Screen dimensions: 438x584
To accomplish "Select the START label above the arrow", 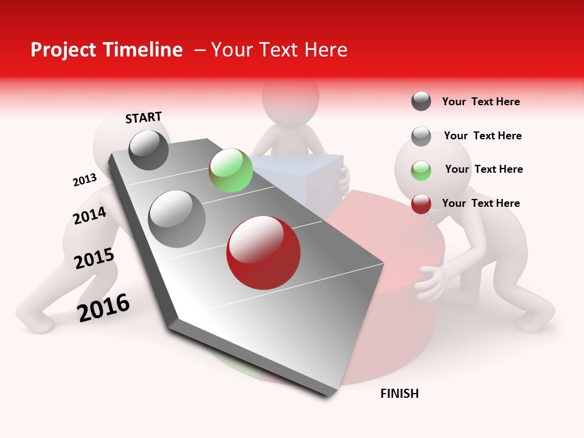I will pyautogui.click(x=144, y=117).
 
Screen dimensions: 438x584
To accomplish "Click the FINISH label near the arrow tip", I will pyautogui.click(x=399, y=394).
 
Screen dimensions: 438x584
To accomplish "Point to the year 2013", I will pyautogui.click(x=85, y=180).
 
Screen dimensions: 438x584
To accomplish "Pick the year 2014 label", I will pyautogui.click(x=89, y=216).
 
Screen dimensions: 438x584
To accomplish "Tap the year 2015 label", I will pyautogui.click(x=94, y=259).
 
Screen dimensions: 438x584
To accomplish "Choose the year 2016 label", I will pyautogui.click(x=103, y=307).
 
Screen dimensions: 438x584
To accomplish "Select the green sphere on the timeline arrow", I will pyautogui.click(x=231, y=170).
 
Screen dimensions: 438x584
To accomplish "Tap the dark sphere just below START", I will pyautogui.click(x=149, y=150).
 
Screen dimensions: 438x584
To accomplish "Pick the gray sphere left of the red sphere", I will pyautogui.click(x=177, y=218).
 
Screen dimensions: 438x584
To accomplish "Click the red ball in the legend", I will pyautogui.click(x=421, y=204).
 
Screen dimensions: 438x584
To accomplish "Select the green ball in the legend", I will pyautogui.click(x=421, y=170).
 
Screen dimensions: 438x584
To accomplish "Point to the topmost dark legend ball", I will pyautogui.click(x=421, y=101).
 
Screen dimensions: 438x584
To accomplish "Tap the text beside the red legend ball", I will pyautogui.click(x=481, y=203).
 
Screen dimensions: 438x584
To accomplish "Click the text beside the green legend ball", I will pyautogui.click(x=484, y=169).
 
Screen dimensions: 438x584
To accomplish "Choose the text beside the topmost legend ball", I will pyautogui.click(x=481, y=102).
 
